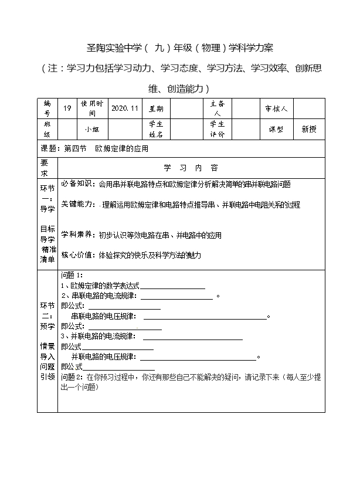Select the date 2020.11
pos(124,108)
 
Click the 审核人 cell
pos(276,108)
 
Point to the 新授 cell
pos(308,129)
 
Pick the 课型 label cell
pos(276,129)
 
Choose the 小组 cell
pos(92,129)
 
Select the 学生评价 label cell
pos(217,129)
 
